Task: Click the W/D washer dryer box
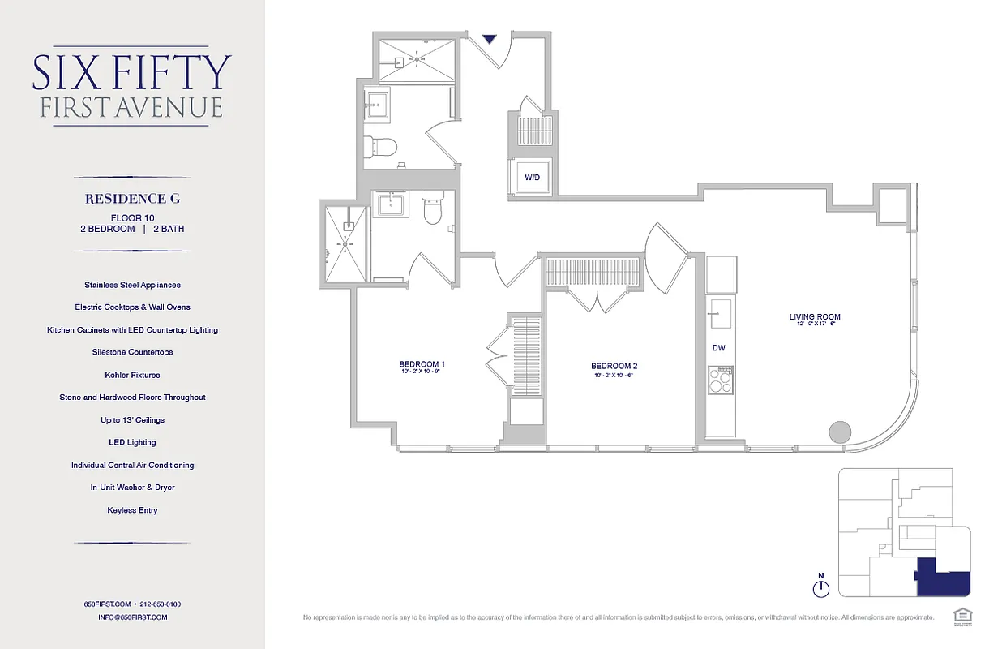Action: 532,176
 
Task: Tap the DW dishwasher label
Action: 718,348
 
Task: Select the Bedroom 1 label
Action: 422,364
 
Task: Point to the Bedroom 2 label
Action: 614,366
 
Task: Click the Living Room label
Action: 815,317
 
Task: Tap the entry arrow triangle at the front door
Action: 489,39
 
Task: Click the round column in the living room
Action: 838,432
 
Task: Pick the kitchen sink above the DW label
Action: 720,311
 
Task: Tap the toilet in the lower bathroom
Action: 433,209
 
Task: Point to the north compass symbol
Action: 820,586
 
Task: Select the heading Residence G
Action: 132,198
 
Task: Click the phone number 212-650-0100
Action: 160,604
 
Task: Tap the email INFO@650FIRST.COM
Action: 132,617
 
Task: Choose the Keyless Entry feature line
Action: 132,510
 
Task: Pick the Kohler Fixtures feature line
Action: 132,375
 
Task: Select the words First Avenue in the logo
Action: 131,108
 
